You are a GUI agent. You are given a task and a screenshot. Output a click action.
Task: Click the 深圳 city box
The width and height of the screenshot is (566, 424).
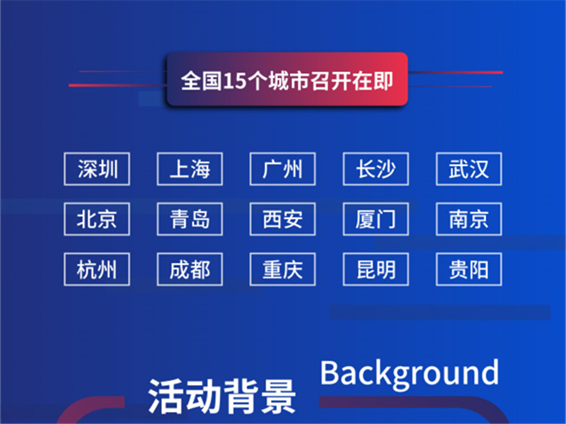pyautogui.click(x=97, y=169)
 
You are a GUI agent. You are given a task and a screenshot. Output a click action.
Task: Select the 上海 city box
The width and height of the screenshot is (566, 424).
pyautogui.click(x=190, y=169)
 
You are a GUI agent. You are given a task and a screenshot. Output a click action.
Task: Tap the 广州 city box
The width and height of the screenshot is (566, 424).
pyautogui.click(x=282, y=169)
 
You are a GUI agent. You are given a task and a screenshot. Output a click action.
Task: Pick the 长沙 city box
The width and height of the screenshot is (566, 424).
pyautogui.click(x=376, y=169)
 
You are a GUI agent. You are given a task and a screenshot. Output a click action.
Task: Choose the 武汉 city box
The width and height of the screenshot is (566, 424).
pyautogui.click(x=469, y=169)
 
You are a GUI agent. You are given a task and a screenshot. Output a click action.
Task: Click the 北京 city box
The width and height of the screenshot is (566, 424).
pyautogui.click(x=97, y=219)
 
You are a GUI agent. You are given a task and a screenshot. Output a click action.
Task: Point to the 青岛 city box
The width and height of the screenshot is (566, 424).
pyautogui.click(x=190, y=219)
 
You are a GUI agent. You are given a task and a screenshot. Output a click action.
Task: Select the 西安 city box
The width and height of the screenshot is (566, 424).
pyautogui.click(x=282, y=219)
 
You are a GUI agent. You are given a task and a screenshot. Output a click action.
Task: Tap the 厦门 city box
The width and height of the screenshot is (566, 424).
pyautogui.click(x=376, y=219)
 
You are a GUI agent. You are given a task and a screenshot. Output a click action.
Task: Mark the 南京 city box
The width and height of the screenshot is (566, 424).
pyautogui.click(x=469, y=219)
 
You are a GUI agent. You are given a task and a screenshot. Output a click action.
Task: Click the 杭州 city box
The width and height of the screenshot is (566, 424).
pyautogui.click(x=97, y=269)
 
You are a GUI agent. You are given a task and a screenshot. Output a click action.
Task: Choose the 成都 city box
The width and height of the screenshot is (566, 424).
pyautogui.click(x=190, y=269)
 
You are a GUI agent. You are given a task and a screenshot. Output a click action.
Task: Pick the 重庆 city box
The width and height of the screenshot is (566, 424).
pyautogui.click(x=282, y=269)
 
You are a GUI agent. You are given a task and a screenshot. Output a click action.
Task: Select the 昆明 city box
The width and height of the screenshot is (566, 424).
pyautogui.click(x=376, y=269)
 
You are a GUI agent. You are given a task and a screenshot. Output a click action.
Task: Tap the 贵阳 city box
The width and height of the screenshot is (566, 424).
pyautogui.click(x=469, y=269)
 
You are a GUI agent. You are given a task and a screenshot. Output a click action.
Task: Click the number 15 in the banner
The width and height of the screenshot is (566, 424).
pyautogui.click(x=235, y=81)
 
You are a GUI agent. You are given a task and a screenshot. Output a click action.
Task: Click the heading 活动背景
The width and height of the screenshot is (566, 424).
pyautogui.click(x=221, y=396)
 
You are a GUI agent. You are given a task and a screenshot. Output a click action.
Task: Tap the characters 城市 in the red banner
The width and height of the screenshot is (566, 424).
pyautogui.click(x=289, y=81)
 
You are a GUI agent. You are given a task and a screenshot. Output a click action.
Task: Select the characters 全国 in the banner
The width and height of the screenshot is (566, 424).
pyautogui.click(x=202, y=81)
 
